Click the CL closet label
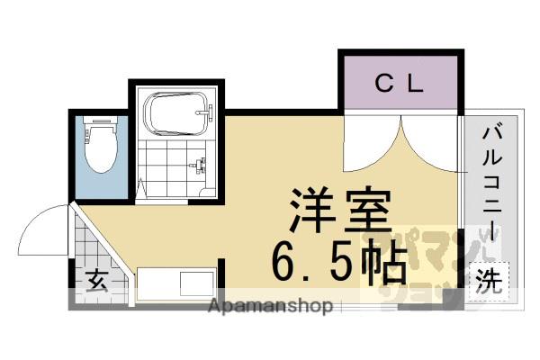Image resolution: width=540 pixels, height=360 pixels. point(399,85)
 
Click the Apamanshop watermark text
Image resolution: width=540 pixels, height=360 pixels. point(270,307)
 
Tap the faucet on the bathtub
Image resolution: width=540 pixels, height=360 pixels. point(209,114)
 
